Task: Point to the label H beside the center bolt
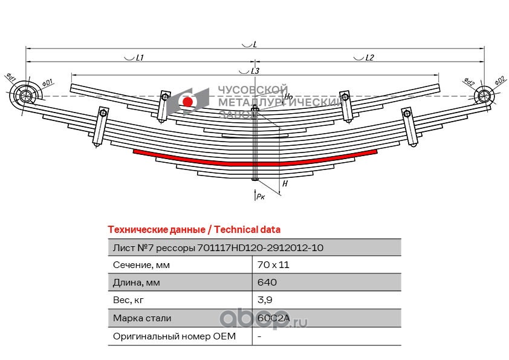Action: [285, 183]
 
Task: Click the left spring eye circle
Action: [26, 96]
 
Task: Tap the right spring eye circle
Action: [484, 96]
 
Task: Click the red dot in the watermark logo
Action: [188, 102]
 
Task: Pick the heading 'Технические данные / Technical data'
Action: [193, 230]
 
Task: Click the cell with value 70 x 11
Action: [270, 265]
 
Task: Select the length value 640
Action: [267, 283]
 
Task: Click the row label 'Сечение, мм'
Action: [141, 265]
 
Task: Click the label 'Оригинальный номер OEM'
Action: [174, 335]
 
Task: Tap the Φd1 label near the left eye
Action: [11, 77]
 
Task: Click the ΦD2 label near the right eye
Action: [499, 80]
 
